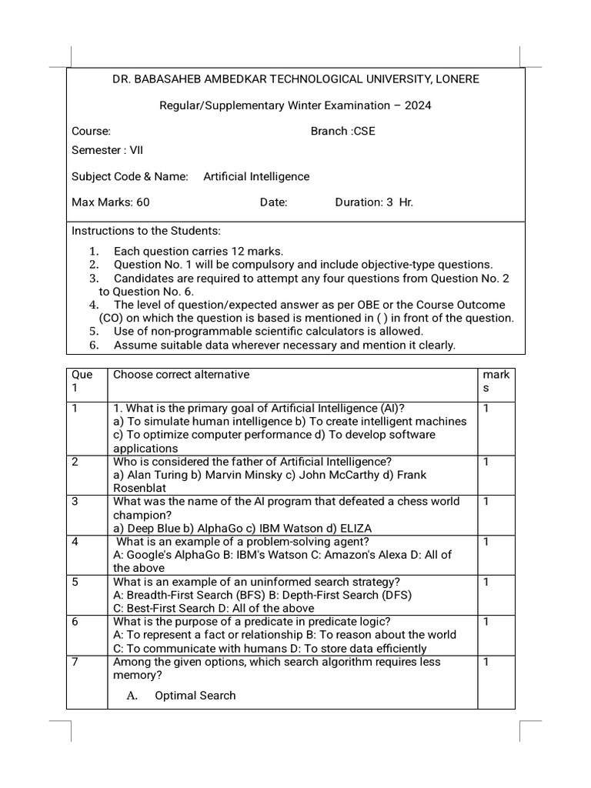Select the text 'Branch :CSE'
pyautogui.click(x=342, y=131)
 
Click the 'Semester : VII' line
pyautogui.click(x=107, y=150)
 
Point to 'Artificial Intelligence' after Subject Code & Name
pyautogui.click(x=256, y=176)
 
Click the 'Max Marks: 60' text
pyautogui.click(x=110, y=202)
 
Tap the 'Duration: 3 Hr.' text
pyautogui.click(x=374, y=202)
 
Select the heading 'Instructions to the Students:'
pyautogui.click(x=145, y=231)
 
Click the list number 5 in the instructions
pyautogui.click(x=93, y=332)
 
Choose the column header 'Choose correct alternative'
pyautogui.click(x=181, y=375)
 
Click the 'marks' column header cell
pyautogui.click(x=496, y=382)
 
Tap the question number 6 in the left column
pyautogui.click(x=75, y=622)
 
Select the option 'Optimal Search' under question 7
pyautogui.click(x=195, y=696)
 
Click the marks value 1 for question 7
pyautogui.click(x=486, y=662)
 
